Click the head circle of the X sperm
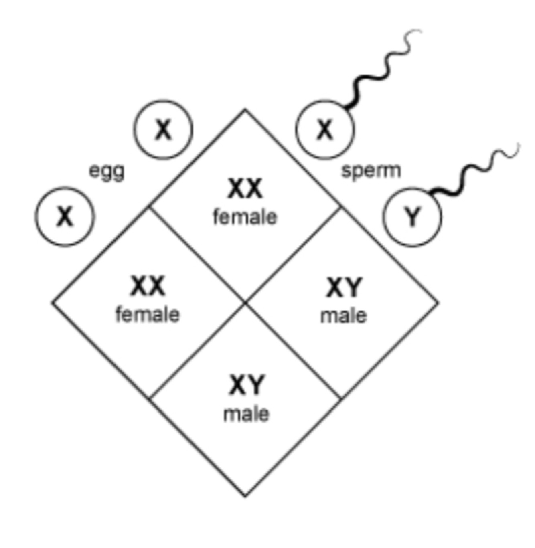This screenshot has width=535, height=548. [x=325, y=130]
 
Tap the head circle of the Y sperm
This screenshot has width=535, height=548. [x=412, y=217]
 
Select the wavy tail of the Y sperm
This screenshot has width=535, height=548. [x=473, y=172]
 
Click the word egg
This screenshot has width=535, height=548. [x=107, y=171]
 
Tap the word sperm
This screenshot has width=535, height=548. [x=371, y=170]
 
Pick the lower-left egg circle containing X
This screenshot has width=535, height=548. [x=65, y=217]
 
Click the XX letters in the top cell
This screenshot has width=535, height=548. [x=245, y=189]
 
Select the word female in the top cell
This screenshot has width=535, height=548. [x=245, y=217]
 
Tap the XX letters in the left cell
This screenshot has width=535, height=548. [x=148, y=286]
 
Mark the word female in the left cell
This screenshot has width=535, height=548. [x=148, y=315]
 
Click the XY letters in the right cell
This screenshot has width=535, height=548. [x=344, y=287]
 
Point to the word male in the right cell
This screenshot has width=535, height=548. [x=344, y=316]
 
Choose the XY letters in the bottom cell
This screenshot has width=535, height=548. [x=247, y=385]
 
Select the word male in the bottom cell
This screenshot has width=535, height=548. [x=246, y=414]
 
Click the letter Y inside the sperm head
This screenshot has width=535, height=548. [x=412, y=217]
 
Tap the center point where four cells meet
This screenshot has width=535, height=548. [x=245, y=303]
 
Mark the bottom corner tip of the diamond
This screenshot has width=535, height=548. [x=245, y=496]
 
